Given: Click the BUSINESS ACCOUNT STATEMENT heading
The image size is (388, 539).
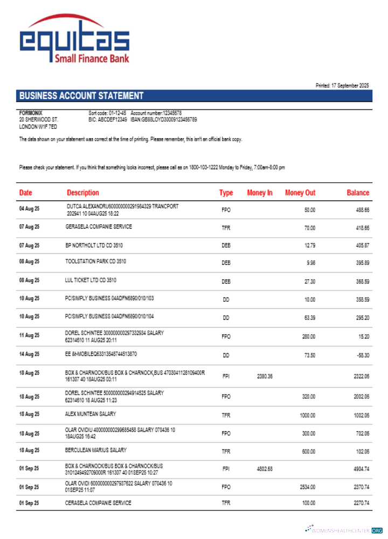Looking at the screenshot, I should pyautogui.click(x=81, y=96).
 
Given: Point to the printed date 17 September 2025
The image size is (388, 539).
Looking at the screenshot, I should pyautogui.click(x=342, y=86).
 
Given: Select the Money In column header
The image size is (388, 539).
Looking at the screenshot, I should pyautogui.click(x=260, y=192).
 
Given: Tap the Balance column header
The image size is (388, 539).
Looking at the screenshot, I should pyautogui.click(x=358, y=192).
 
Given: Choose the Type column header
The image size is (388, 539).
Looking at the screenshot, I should pyautogui.click(x=226, y=192).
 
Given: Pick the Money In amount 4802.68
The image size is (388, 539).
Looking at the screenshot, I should pyautogui.click(x=265, y=468).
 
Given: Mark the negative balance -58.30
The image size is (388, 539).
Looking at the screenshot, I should pyautogui.click(x=362, y=355).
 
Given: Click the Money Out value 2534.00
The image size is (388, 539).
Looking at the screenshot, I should pyautogui.click(x=307, y=487).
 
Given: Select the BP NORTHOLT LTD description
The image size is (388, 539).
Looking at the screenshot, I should pyautogui.click(x=94, y=245).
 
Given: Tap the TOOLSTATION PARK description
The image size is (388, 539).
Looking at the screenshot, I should pyautogui.click(x=96, y=262).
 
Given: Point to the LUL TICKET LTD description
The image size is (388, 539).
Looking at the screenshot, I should pyautogui.click(x=91, y=280).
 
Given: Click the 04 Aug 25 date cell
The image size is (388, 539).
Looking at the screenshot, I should pyautogui.click(x=29, y=209).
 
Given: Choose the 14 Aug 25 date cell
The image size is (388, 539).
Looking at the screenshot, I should pyautogui.click(x=29, y=355).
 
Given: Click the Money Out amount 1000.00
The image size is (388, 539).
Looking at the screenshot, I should pyautogui.click(x=307, y=415).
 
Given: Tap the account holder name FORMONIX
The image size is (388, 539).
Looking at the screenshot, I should pyautogui.click(x=30, y=113).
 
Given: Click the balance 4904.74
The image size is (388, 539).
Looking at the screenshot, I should pyautogui.click(x=361, y=469).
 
